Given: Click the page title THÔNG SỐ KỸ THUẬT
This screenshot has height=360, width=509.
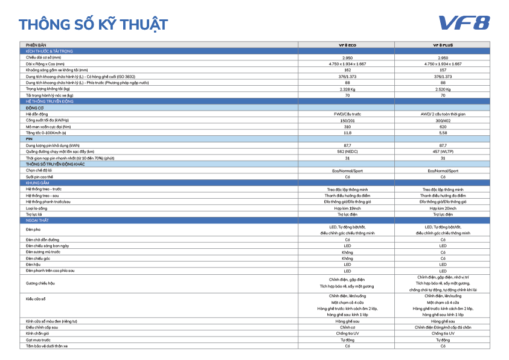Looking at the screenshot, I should [x=93, y=25].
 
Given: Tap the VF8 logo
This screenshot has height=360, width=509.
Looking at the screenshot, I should [x=464, y=23].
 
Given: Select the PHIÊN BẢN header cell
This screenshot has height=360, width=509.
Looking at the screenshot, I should [x=36, y=45].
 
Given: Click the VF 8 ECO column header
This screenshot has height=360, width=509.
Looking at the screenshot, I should [x=347, y=45].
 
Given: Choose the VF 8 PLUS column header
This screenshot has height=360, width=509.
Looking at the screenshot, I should [x=443, y=45].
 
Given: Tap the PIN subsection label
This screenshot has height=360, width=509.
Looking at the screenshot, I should [x=29, y=138].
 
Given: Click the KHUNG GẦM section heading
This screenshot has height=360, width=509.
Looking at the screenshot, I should [x=37, y=182].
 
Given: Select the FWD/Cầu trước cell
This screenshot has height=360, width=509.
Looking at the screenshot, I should [x=347, y=113].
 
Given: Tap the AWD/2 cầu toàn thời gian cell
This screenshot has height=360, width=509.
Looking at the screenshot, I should [x=443, y=113].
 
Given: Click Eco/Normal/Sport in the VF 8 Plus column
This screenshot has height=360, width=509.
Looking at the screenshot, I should [x=443, y=170].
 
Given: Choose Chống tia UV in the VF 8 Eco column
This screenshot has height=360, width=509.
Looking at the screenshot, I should [x=347, y=333].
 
